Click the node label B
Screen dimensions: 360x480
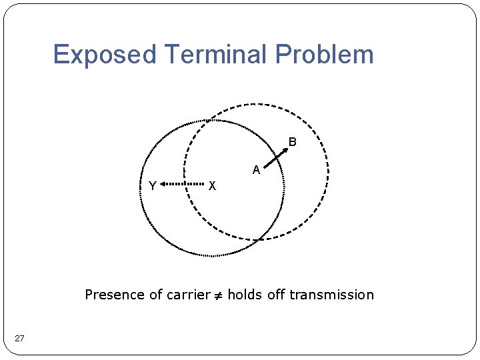[292, 142]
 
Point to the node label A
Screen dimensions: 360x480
[256, 170]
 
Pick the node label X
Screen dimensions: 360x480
[212, 185]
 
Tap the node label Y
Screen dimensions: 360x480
[153, 186]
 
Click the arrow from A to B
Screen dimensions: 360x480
[276, 158]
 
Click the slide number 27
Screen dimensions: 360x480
[19, 339]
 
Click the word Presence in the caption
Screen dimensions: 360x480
[115, 295]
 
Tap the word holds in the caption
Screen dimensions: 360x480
[245, 295]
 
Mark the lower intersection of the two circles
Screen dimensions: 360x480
[256, 239]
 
